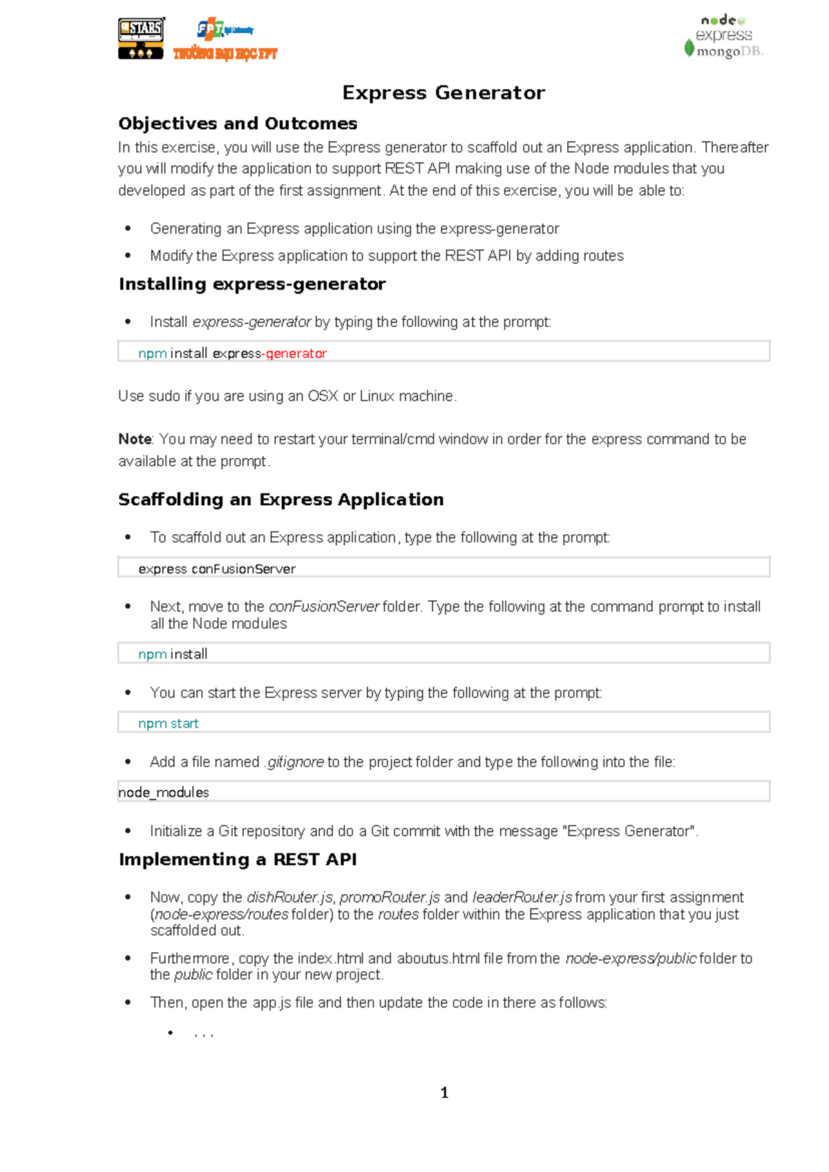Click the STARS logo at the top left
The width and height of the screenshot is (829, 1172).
[142, 39]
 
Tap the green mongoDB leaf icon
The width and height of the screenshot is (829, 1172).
[689, 48]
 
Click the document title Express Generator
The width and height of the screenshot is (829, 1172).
[444, 93]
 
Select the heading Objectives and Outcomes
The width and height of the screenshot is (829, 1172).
[238, 124]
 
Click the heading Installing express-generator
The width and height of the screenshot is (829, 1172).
[252, 284]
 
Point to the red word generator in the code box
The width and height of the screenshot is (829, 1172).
[296, 354]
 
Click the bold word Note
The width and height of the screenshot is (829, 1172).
[135, 439]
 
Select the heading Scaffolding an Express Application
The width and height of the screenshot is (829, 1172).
[280, 500]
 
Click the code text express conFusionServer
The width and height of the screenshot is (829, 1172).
[217, 569]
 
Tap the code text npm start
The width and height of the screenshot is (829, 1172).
[168, 724]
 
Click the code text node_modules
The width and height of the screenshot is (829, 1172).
[164, 793]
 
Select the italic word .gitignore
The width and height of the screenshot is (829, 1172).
[294, 762]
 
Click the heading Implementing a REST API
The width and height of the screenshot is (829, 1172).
[238, 860]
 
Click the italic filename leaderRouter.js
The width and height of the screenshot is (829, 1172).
[522, 898]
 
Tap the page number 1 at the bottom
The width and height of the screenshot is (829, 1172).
[444, 1093]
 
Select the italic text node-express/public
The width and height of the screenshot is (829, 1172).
[631, 959]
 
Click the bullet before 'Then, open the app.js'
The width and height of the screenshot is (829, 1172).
[128, 1002]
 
